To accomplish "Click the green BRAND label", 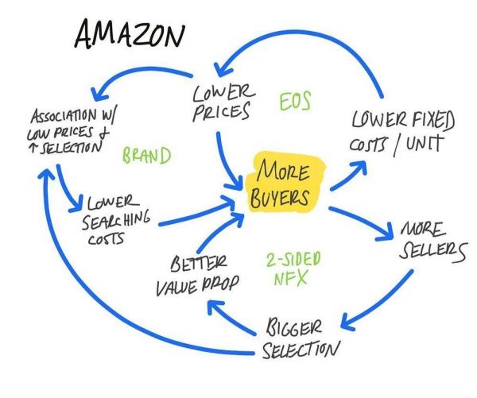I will click(x=146, y=156).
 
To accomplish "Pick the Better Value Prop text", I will click(x=196, y=275).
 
